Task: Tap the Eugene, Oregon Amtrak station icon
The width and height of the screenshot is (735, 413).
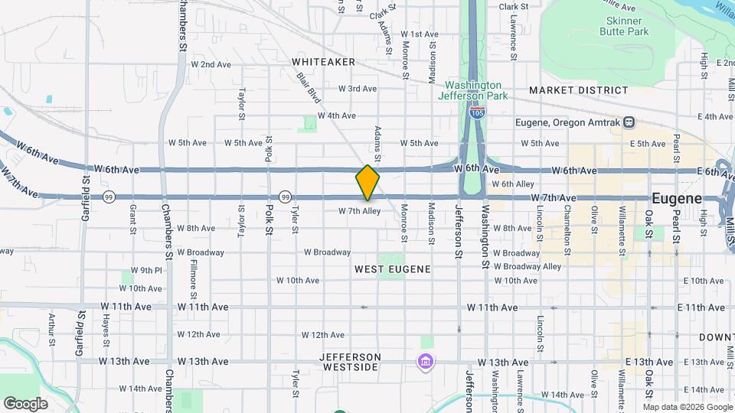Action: (629, 122)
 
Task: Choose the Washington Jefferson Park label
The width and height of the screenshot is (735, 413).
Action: (473, 90)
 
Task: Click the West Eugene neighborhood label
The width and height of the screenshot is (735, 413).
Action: (393, 269)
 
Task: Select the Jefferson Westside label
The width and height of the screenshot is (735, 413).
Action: (349, 362)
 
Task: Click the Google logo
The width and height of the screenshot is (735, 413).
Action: (25, 403)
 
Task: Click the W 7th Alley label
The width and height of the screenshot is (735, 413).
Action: (359, 211)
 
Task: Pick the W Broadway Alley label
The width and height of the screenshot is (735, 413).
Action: (528, 267)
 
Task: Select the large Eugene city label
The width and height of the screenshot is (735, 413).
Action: (676, 198)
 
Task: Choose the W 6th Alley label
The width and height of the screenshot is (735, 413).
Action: (513, 184)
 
